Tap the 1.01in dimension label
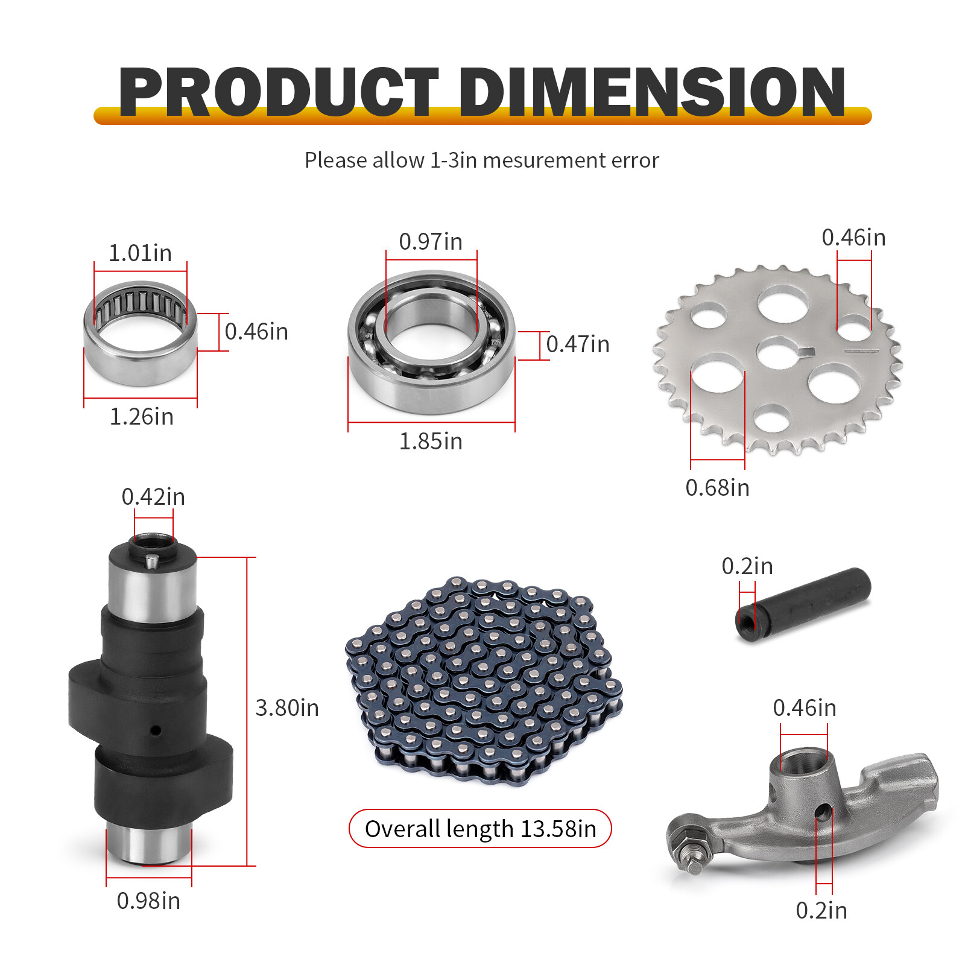140,253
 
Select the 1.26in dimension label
141,417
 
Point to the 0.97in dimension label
431,242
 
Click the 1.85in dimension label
431,441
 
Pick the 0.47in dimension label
578,344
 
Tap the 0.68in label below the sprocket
717,488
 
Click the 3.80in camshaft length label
287,708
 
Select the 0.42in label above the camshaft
153,497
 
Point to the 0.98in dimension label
148,901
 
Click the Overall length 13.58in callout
480,829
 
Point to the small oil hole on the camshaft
156,730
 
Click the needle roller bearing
141,333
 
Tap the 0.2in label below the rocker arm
821,911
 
